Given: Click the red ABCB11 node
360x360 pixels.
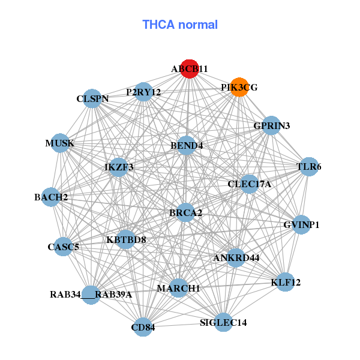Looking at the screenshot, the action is [189, 69].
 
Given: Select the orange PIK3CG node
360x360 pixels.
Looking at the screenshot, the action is [239, 87].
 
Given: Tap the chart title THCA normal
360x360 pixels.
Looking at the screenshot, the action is [180, 25].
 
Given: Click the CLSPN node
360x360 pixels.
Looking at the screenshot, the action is [92, 98].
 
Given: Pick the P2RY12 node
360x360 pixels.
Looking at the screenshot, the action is [143, 92].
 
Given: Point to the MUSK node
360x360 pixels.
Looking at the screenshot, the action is [60, 143].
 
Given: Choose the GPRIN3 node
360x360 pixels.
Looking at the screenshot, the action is [271, 125].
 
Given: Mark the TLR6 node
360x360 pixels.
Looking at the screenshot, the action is [308, 166].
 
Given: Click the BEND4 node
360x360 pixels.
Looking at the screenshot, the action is [187, 145].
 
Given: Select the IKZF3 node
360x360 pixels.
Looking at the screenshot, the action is [119, 167].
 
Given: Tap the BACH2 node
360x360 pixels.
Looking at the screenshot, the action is [50, 197].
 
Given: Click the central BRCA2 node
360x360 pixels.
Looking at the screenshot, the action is [185, 212].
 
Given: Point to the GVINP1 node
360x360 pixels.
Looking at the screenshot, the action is [301, 225].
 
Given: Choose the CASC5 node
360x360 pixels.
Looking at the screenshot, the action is [64, 246].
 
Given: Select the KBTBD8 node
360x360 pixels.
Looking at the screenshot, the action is [126, 240].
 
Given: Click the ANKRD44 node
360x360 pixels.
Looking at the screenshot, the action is [236, 258].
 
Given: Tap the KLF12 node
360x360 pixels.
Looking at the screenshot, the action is [286, 281].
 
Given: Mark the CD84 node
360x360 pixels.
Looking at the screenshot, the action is [143, 327].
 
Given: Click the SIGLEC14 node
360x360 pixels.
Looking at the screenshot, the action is [223, 322].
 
